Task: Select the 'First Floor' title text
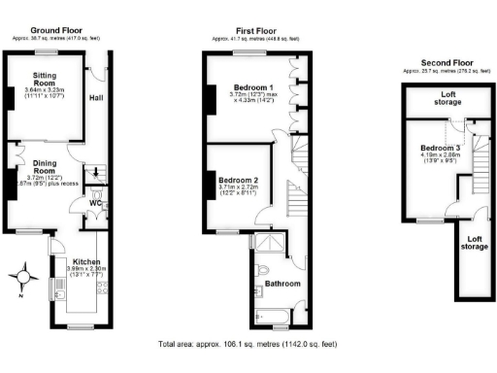pyautogui.click(x=255, y=30)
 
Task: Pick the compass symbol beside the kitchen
pyautogui.click(x=23, y=282)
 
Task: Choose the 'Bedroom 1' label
pyautogui.click(x=250, y=88)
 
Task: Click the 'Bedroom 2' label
pyautogui.click(x=238, y=182)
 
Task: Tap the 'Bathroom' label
pyautogui.click(x=282, y=284)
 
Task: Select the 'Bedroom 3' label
pyautogui.click(x=433, y=147)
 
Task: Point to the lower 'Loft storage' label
pyautogui.click(x=473, y=243)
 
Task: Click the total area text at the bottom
pyautogui.click(x=248, y=344)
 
